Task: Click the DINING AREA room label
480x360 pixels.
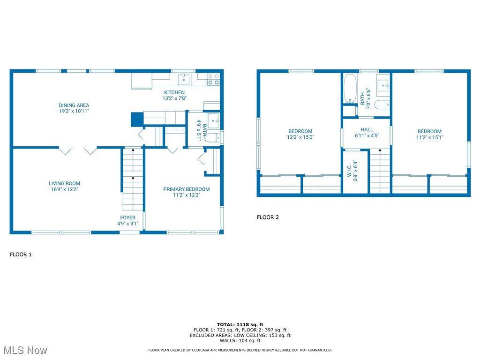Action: (x=74, y=105)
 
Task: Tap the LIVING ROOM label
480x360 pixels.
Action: (x=64, y=184)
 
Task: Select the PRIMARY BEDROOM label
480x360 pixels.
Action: (x=186, y=189)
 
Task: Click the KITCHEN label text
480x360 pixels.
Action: (x=174, y=92)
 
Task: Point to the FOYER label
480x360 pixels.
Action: (x=127, y=217)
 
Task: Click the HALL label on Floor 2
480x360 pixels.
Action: (x=367, y=129)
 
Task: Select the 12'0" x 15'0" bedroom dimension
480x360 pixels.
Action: (x=300, y=137)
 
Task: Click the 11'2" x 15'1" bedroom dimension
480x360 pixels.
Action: (x=429, y=137)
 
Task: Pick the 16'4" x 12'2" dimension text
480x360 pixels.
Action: (x=64, y=190)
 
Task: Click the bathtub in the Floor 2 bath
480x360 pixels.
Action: (x=349, y=88)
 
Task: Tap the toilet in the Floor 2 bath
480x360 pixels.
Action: (x=382, y=104)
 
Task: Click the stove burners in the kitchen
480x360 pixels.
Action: (x=213, y=79)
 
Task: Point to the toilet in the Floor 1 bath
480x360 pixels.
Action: (x=213, y=138)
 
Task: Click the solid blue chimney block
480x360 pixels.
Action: (x=136, y=119)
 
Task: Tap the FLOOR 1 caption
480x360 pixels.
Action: (x=21, y=255)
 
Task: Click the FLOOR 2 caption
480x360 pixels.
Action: (x=268, y=217)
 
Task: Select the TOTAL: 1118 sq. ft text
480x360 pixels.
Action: (x=240, y=324)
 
